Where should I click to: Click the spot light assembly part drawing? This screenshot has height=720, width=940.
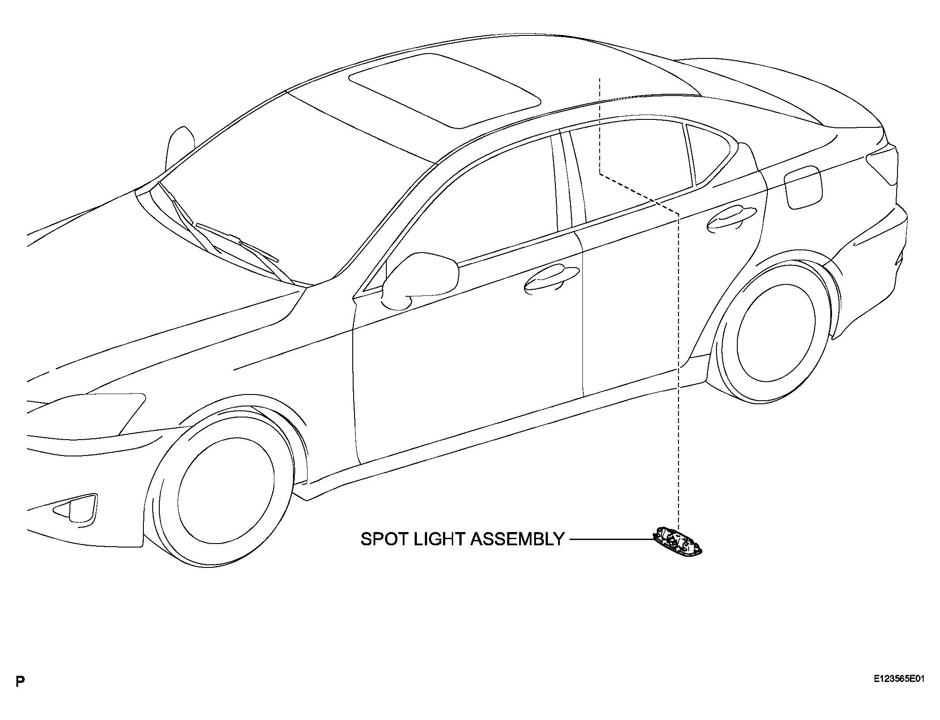click(x=678, y=540)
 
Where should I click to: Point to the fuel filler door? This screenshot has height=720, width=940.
click(x=803, y=187)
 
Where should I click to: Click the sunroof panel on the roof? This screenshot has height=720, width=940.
click(x=444, y=90)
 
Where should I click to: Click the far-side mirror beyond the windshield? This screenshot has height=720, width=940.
click(x=179, y=148)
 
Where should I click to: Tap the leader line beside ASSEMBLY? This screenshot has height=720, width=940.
click(x=612, y=539)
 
